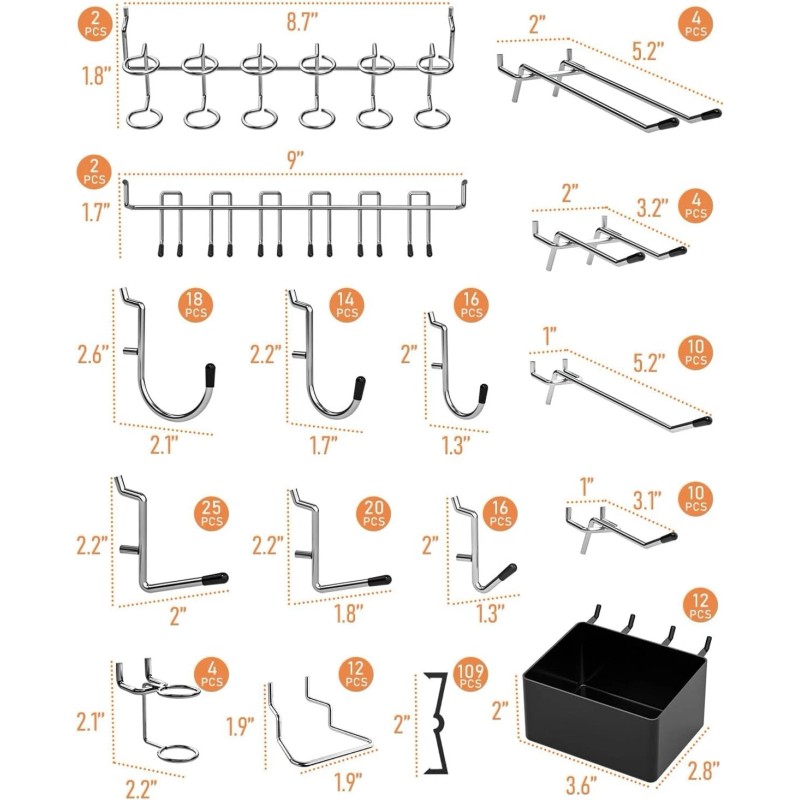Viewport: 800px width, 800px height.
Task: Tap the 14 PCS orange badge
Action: pyautogui.click(x=347, y=307)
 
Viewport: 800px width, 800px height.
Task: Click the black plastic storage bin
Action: pyautogui.click(x=612, y=700)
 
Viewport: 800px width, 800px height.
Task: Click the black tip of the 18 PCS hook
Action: pyautogui.click(x=211, y=374)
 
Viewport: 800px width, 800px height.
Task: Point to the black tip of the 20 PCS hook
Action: pyautogui.click(x=378, y=578)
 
